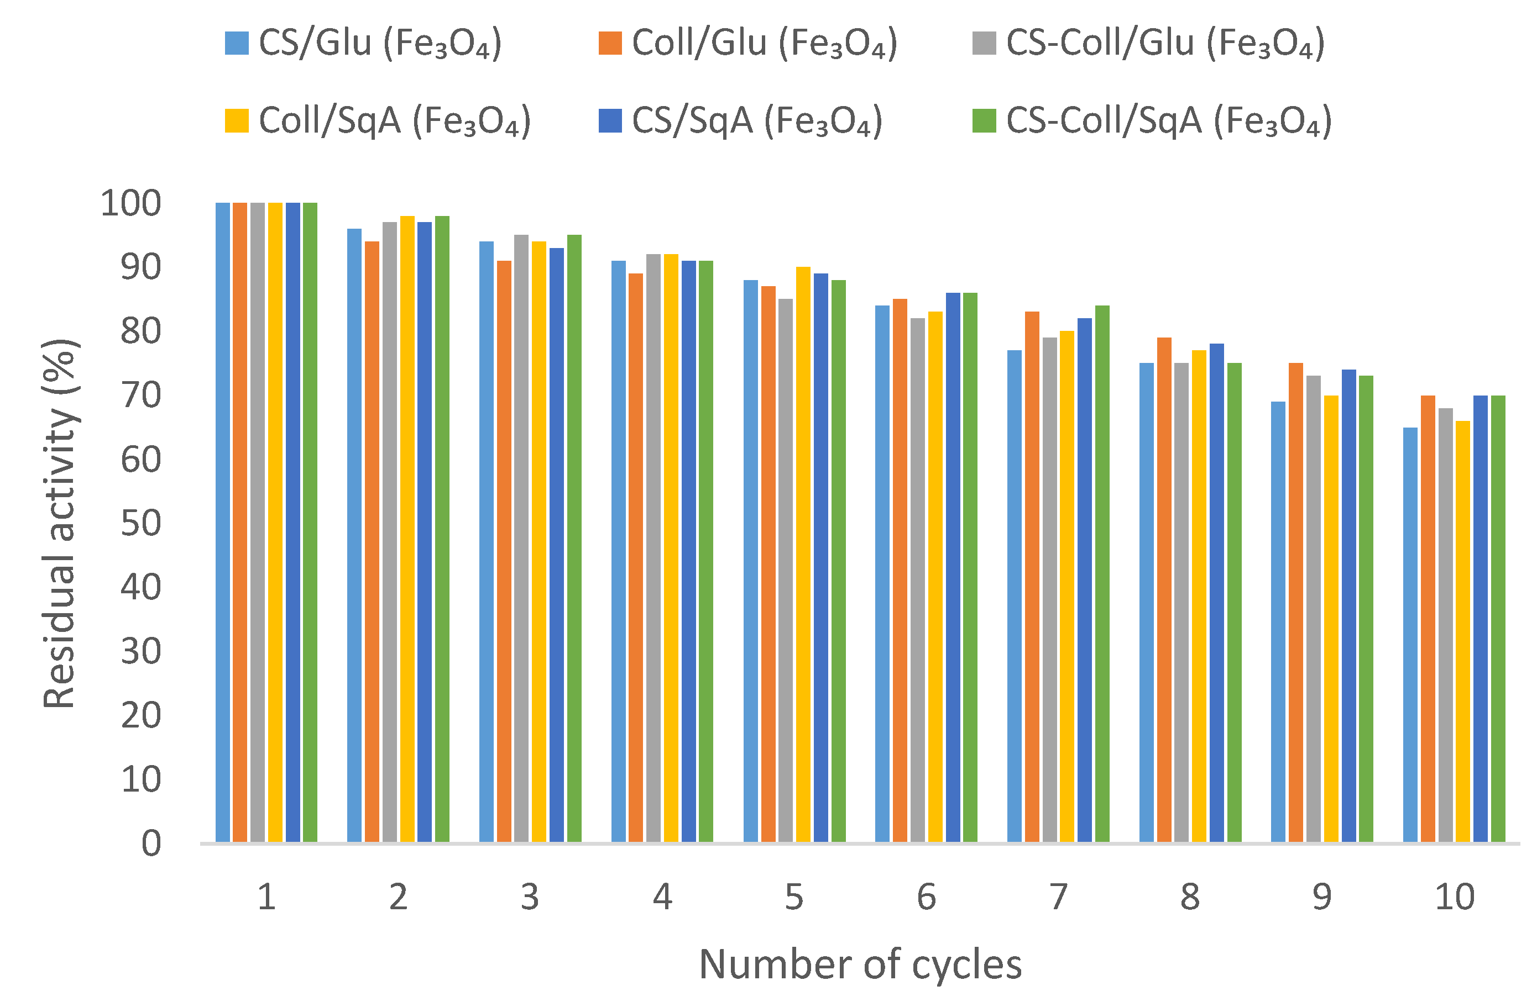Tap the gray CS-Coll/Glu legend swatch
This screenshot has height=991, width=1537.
click(984, 43)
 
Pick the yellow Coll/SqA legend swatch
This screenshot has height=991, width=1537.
click(236, 120)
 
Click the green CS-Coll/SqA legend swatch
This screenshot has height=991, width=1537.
click(984, 120)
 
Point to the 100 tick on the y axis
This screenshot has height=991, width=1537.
click(130, 203)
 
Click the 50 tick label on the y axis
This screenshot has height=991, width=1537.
click(140, 523)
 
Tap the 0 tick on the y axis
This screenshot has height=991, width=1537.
click(151, 843)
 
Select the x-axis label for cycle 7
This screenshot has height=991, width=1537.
click(1058, 897)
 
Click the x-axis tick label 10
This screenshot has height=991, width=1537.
click(1454, 897)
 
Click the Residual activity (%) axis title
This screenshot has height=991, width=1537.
click(59, 523)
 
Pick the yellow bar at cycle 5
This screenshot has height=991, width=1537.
click(803, 554)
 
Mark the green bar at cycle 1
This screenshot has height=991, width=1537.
click(310, 521)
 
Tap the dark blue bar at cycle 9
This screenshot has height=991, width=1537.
click(1348, 605)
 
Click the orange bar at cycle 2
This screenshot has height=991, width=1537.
click(372, 541)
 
